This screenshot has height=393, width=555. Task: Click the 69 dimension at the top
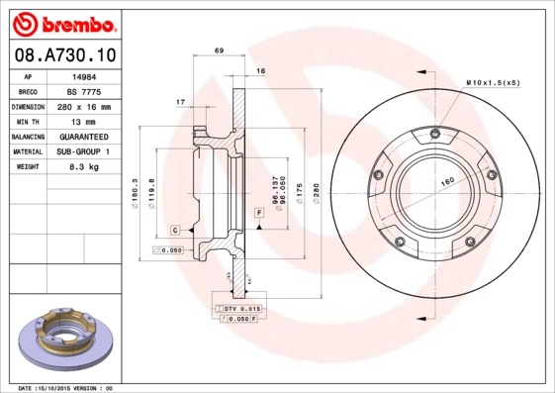point(220,49)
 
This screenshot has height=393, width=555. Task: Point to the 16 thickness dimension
point(261,72)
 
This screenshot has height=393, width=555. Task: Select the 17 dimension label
point(180,102)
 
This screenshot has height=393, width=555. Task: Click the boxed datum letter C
point(174,230)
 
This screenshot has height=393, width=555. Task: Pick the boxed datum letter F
point(259,213)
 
